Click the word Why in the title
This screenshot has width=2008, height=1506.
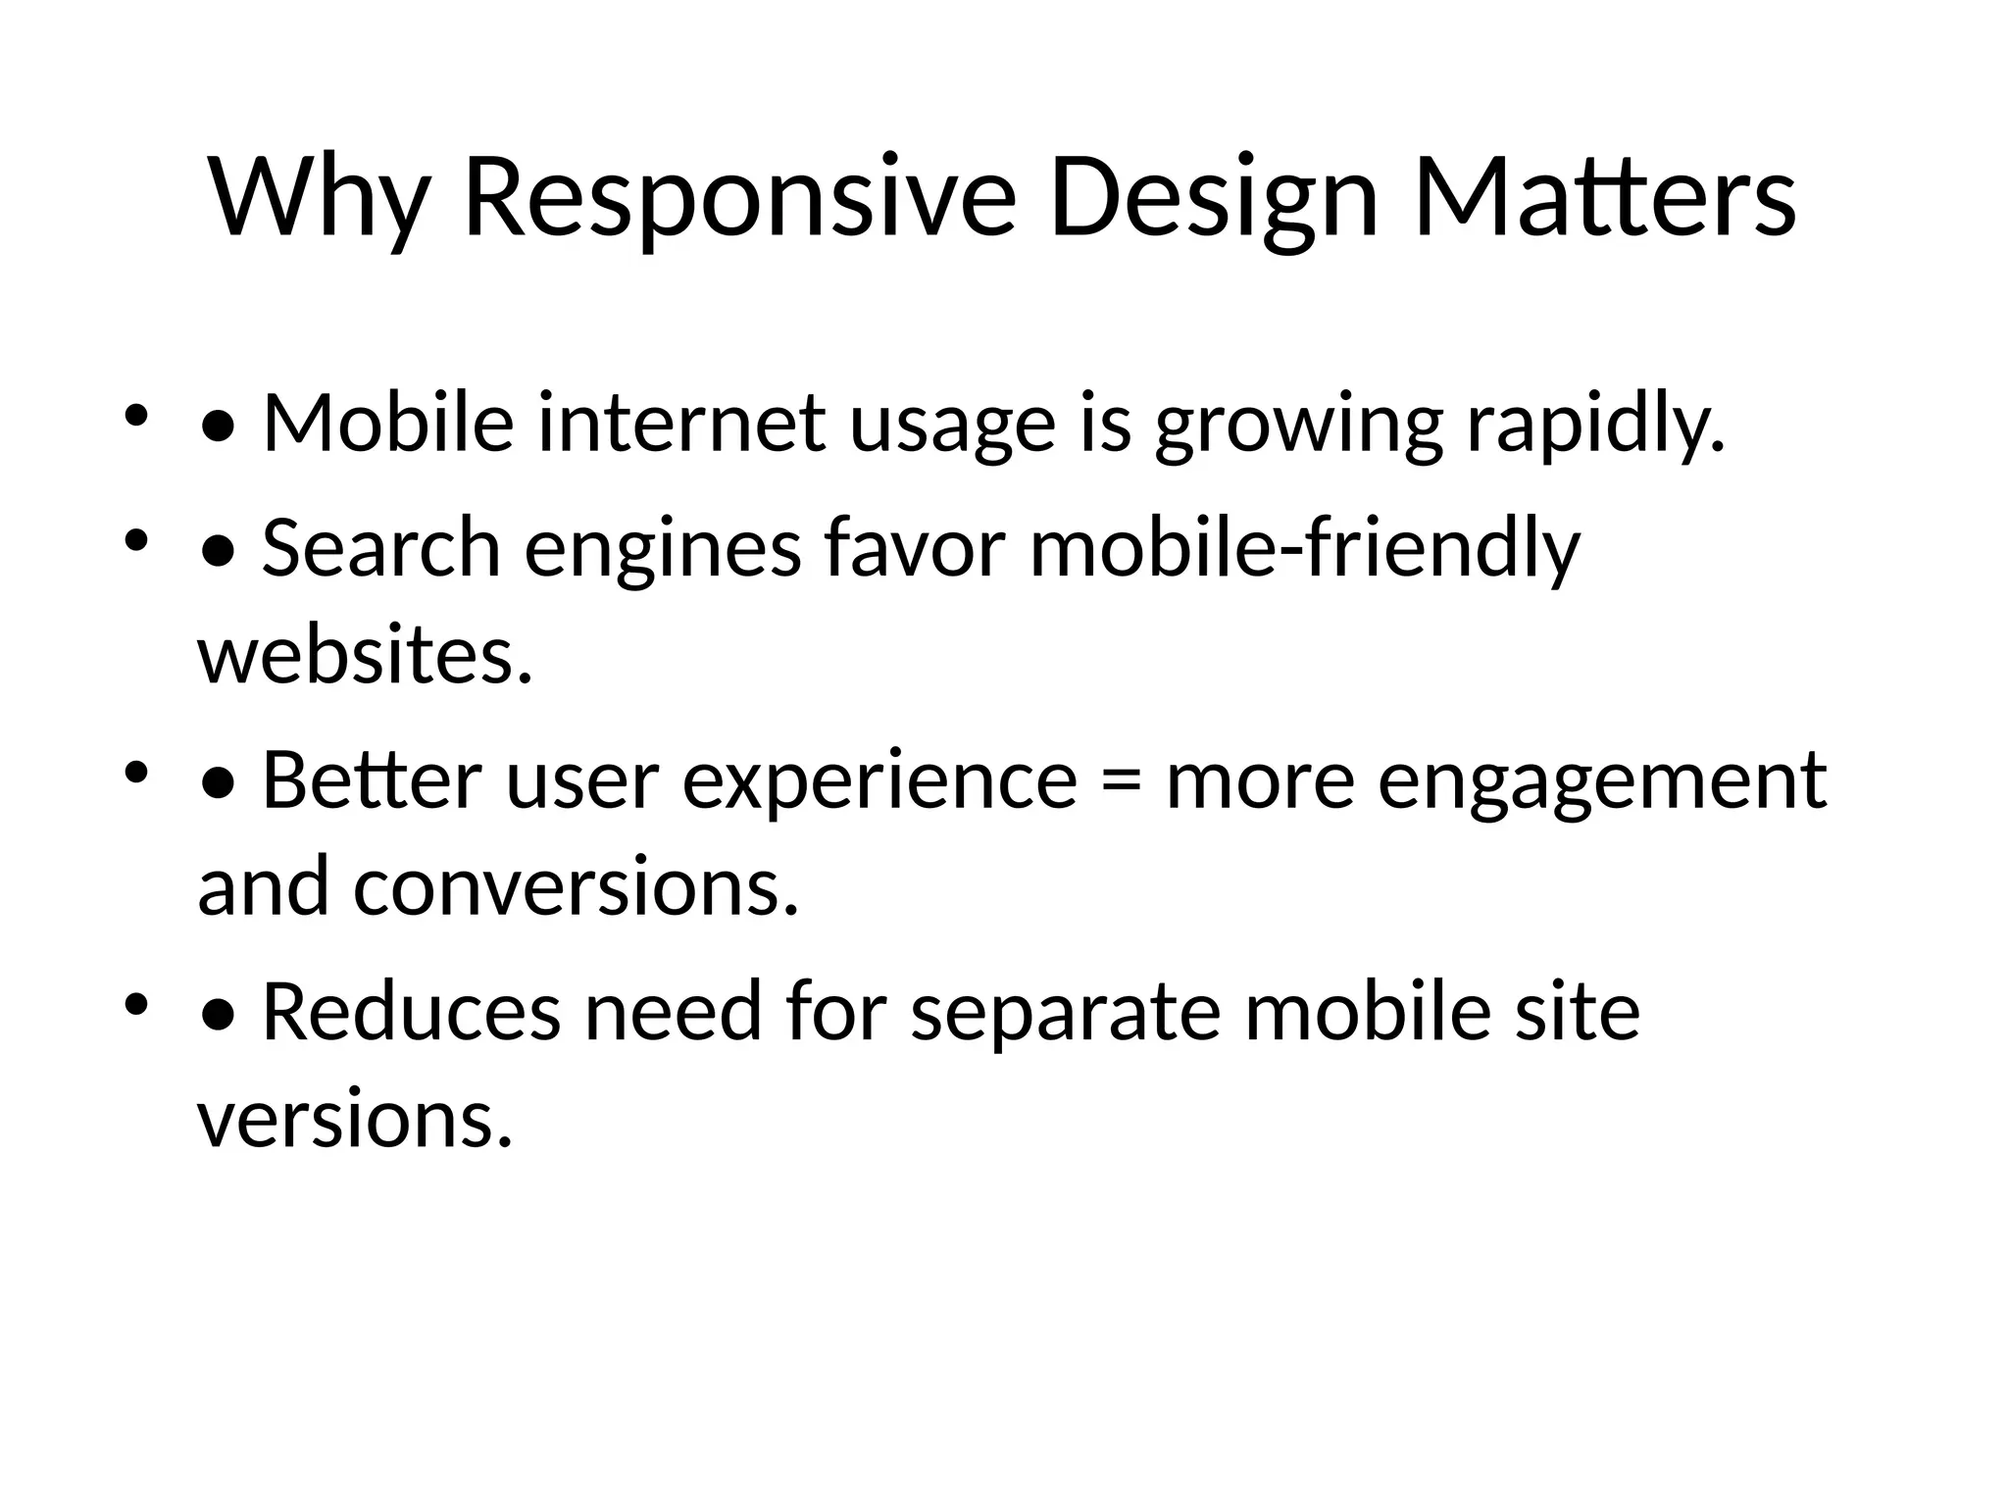[x=319, y=198]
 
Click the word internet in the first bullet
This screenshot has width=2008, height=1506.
[x=681, y=424]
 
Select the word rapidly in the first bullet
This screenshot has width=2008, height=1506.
[x=1594, y=424]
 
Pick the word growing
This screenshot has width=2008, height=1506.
[x=1298, y=424]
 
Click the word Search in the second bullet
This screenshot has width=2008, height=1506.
[x=381, y=548]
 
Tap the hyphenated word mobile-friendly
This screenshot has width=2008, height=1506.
[x=1304, y=548]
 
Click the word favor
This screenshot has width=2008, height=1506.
[x=915, y=548]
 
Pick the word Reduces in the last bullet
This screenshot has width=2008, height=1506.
[x=412, y=1013]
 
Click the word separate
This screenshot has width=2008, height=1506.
[x=1065, y=1013]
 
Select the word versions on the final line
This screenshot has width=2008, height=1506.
[x=355, y=1120]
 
